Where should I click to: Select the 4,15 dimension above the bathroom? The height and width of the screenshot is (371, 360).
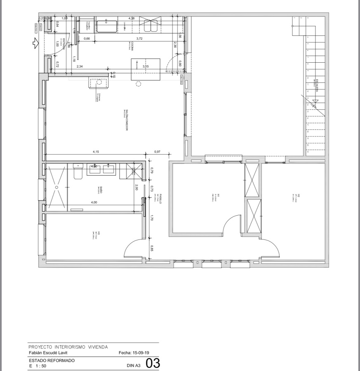pos(96,152)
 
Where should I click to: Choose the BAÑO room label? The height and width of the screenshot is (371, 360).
pos(101,190)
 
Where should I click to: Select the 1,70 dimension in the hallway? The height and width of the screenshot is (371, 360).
pos(152,218)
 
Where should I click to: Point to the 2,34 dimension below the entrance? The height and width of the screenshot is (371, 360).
pos(80,66)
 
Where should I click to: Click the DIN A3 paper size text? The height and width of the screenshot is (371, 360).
pos(134,365)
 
